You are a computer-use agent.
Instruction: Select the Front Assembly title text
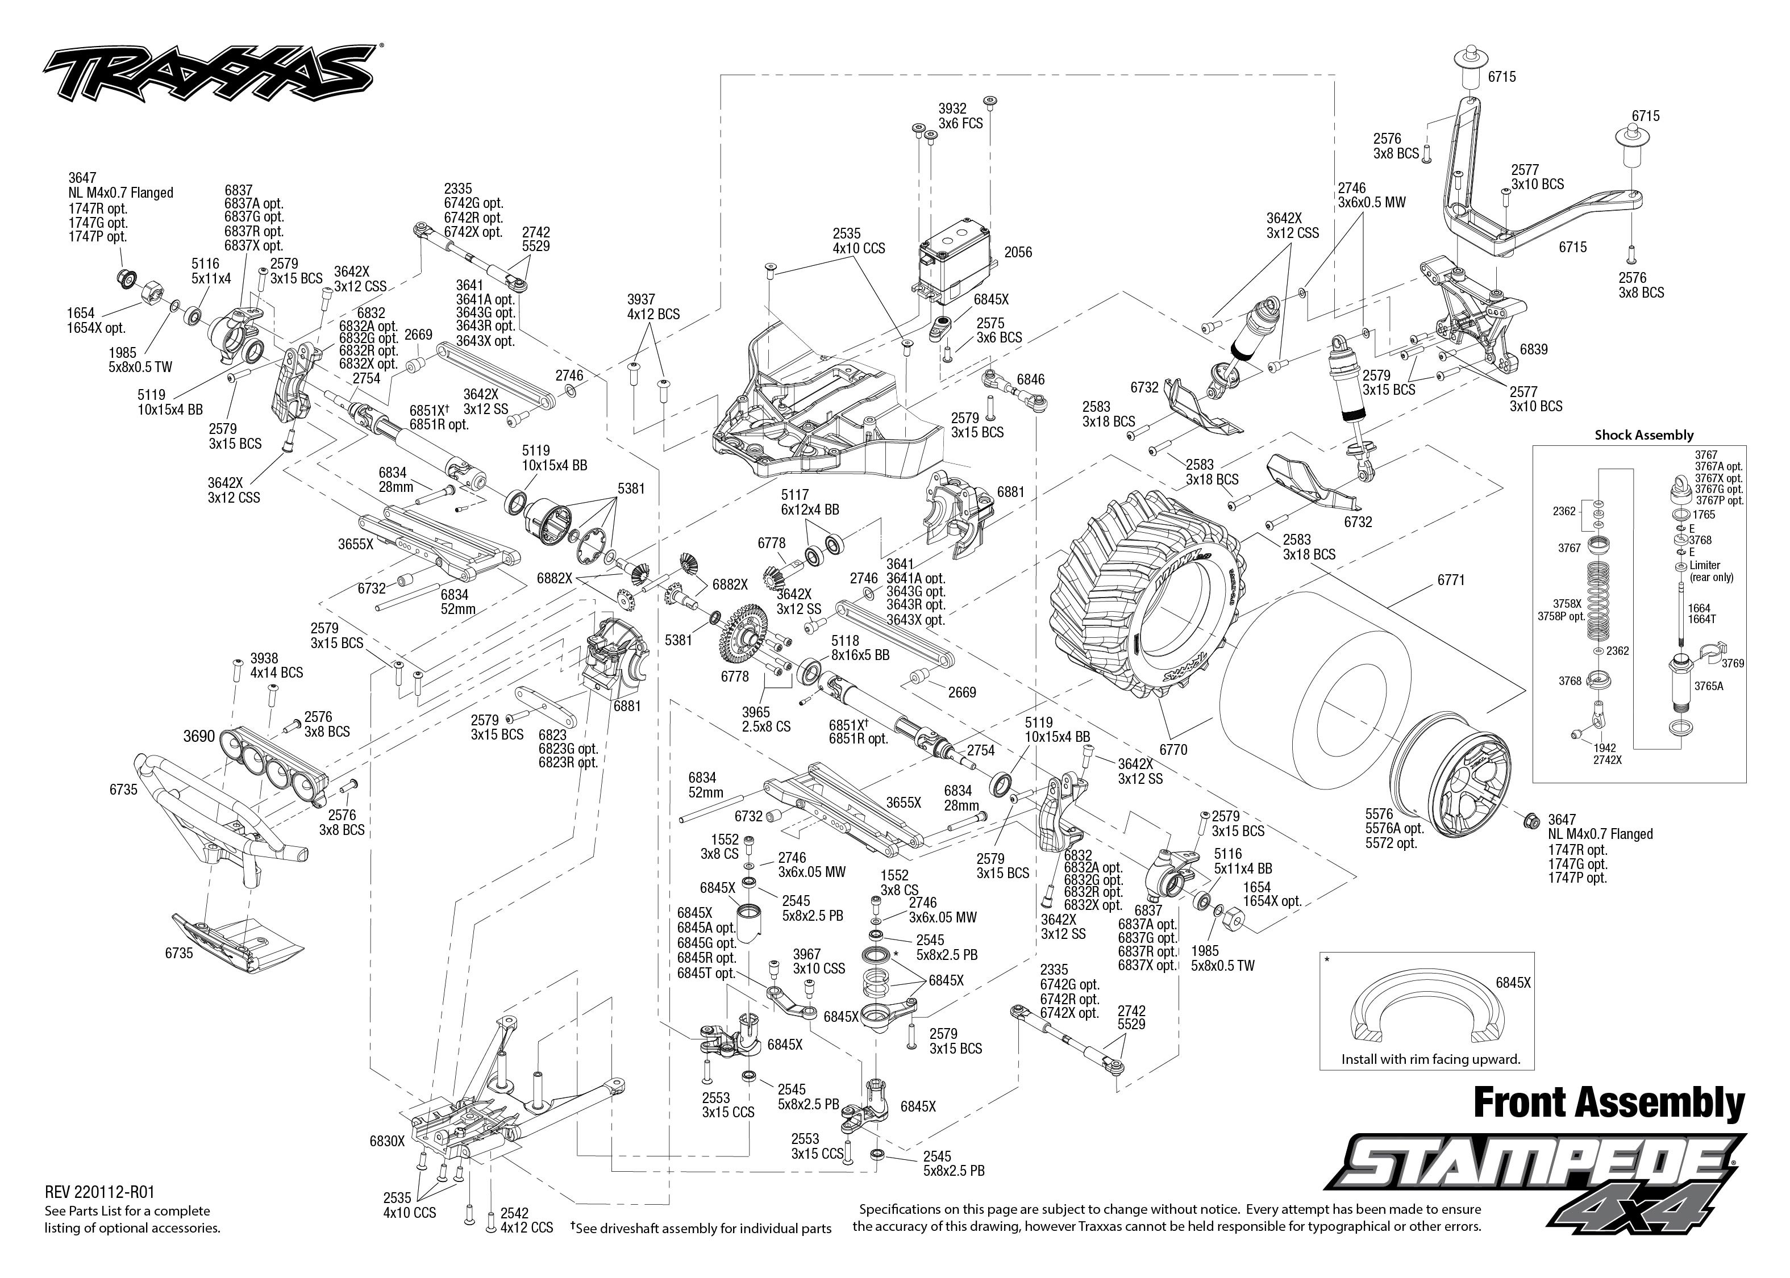1608,1102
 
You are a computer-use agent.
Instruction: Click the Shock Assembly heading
1643,435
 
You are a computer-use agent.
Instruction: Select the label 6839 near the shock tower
1533,349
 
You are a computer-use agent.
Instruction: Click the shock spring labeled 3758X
1598,598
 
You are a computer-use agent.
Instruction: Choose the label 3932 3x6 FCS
960,116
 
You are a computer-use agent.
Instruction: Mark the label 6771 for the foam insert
1451,580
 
